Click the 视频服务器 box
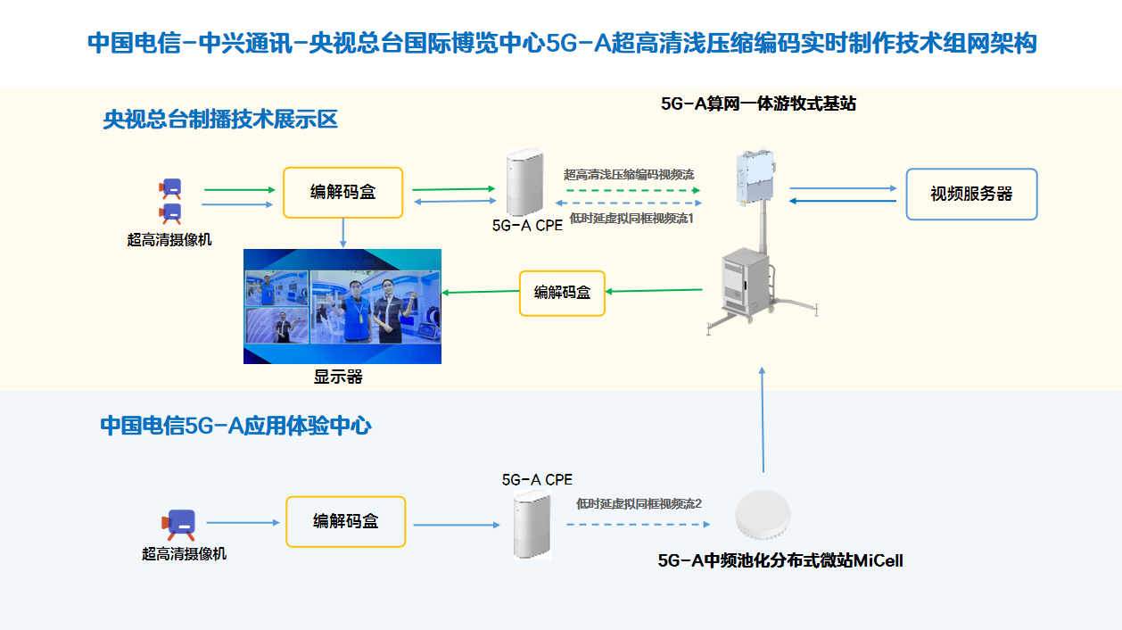[971, 194]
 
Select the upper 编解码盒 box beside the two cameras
[342, 192]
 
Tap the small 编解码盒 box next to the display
[562, 293]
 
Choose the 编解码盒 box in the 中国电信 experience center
[345, 522]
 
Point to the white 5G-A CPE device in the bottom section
[532, 526]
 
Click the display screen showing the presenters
[342, 306]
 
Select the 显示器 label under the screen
[338, 377]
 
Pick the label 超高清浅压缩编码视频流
[629, 175]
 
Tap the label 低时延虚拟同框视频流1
[631, 219]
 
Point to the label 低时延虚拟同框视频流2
[639, 504]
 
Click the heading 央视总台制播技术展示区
[220, 120]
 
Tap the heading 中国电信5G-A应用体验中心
[235, 426]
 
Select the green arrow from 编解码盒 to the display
[481, 292]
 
